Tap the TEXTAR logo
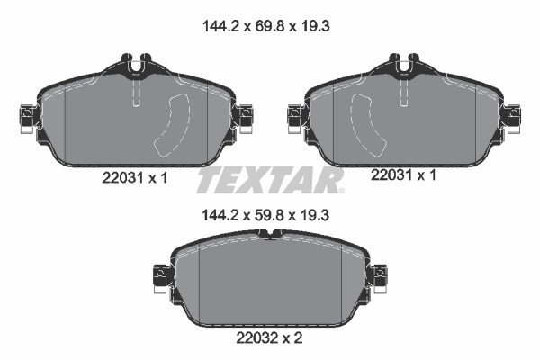tap(270, 180)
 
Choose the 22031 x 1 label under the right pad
tap(402, 176)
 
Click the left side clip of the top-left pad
tap(25, 116)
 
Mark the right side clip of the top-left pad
tap(244, 116)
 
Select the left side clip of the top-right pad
tap(292, 116)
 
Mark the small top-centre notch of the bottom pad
tap(270, 236)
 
